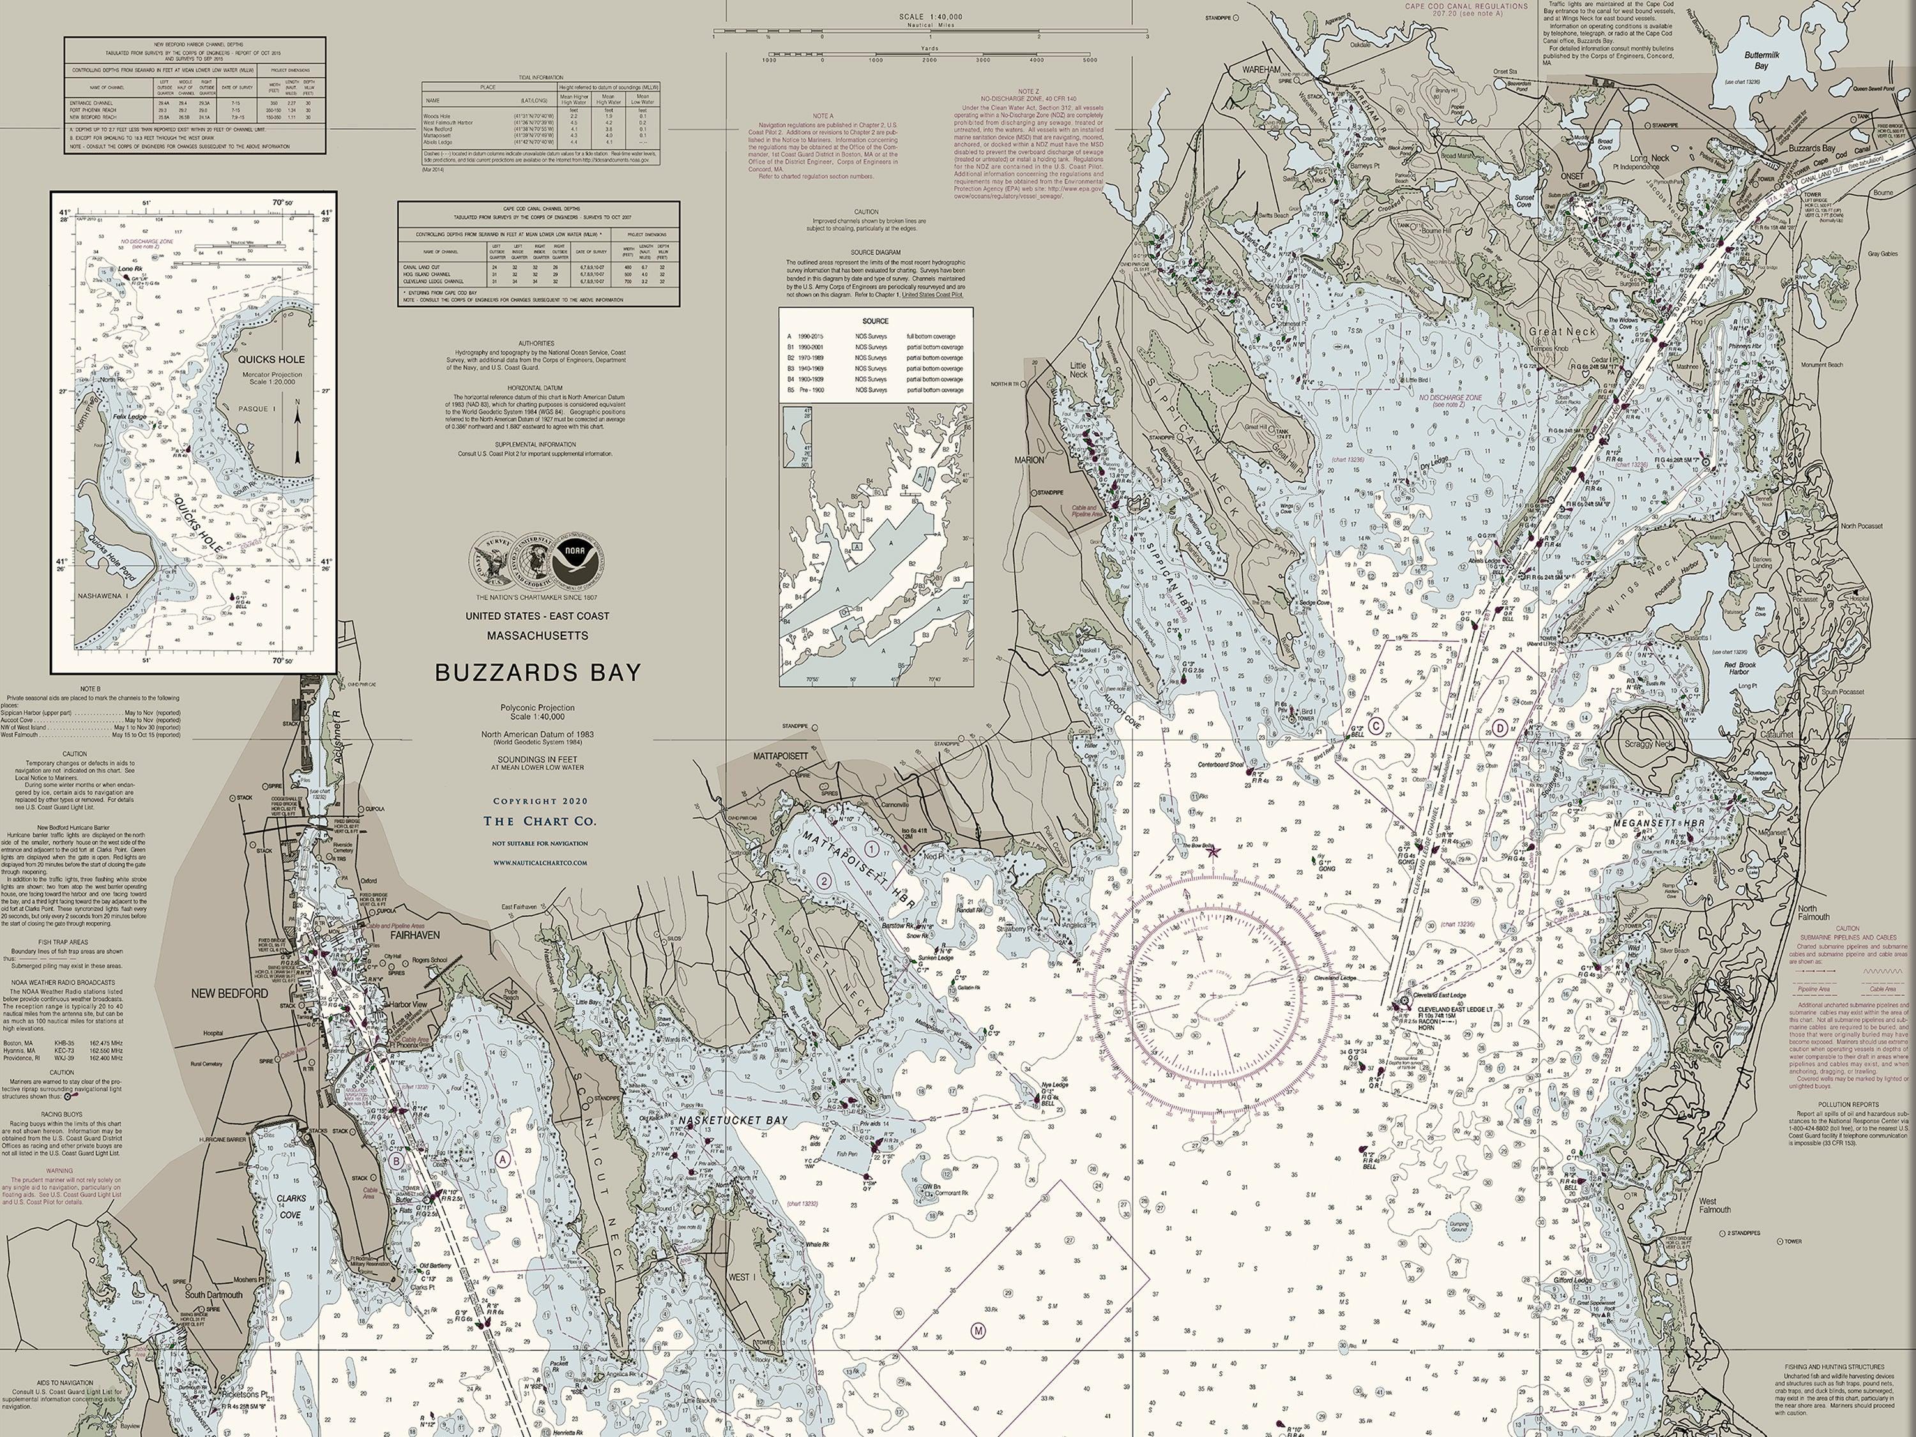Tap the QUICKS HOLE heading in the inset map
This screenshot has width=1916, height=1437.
271,358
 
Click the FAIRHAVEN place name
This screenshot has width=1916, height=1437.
415,936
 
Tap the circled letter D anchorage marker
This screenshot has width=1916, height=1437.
1501,729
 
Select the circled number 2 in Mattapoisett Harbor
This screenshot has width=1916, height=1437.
825,881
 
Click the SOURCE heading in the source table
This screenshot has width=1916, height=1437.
875,321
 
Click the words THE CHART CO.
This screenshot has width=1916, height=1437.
540,821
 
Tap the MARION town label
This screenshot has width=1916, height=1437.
1029,460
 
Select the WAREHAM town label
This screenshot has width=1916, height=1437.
1262,68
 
